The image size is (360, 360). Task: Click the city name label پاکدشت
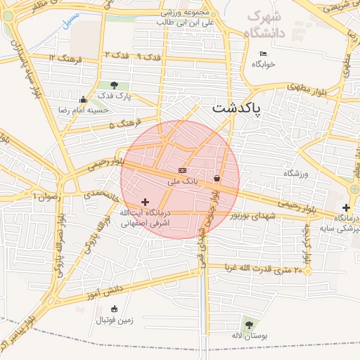pos(236,108)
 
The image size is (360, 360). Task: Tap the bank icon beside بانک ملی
pos(183,170)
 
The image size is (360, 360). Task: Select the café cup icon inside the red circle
pos(217,178)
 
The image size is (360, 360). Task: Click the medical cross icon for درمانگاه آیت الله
pos(146,202)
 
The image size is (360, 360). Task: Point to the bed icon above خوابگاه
pos(264,54)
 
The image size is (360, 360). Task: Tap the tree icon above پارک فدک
pos(115,85)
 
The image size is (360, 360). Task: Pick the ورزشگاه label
pos(297,173)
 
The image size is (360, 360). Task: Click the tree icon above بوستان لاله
pos(249,324)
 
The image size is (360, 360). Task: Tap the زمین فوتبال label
pos(114,320)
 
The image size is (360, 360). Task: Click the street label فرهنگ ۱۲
pos(67,58)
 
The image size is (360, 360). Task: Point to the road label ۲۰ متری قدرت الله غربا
pos(264,269)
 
